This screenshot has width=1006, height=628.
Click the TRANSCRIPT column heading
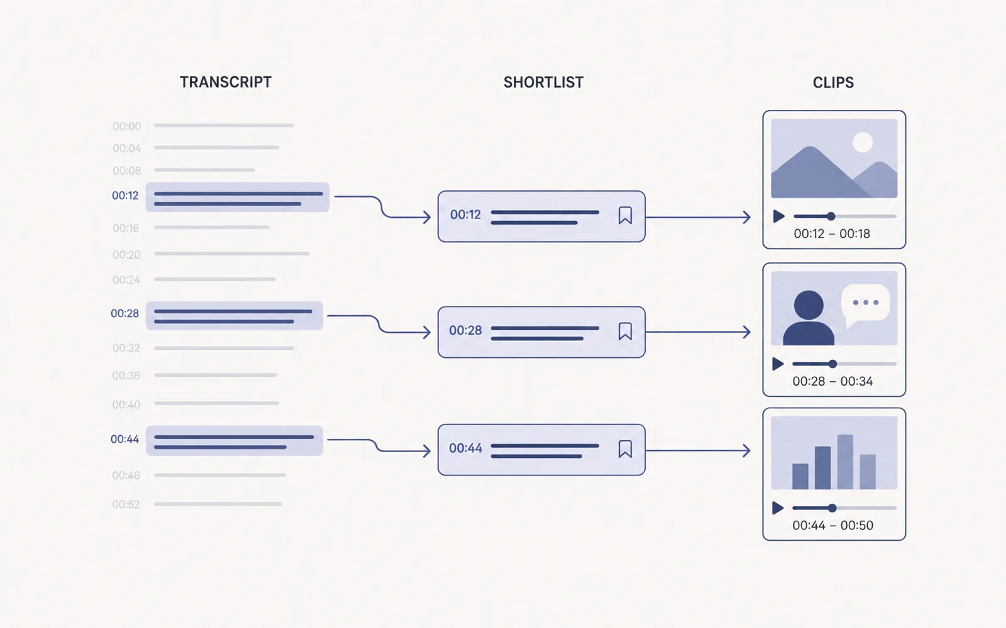[226, 82]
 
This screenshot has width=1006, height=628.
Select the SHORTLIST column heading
[543, 82]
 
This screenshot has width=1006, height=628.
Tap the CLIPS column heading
[833, 82]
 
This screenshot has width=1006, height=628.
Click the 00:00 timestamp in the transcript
[126, 126]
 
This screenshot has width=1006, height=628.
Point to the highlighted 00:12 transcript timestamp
[125, 195]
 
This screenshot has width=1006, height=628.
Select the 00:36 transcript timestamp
[126, 376]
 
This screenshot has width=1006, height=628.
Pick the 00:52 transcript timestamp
[126, 504]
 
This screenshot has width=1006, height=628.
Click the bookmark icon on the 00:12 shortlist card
[625, 215]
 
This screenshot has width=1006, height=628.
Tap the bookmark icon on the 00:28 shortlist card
[625, 331]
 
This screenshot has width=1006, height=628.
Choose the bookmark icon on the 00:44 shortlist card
[625, 448]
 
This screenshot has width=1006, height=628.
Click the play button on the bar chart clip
[778, 508]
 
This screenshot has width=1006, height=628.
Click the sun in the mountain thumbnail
[863, 142]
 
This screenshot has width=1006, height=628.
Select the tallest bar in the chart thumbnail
[845, 462]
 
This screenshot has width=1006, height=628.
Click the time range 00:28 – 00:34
[832, 381]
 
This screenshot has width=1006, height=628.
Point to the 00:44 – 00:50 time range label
[832, 525]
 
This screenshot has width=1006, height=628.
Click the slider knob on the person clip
[832, 364]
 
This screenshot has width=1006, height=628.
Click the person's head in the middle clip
[809, 305]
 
